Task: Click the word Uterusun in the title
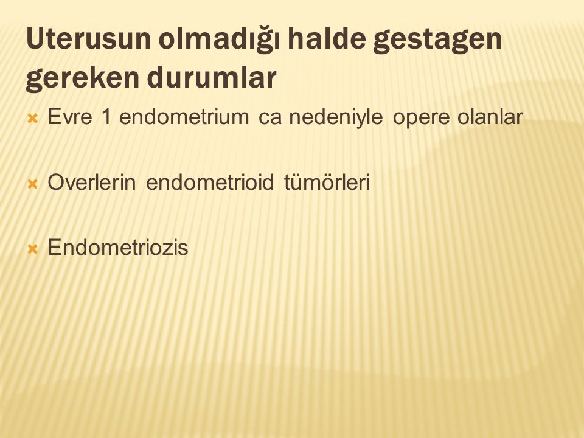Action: click(88, 39)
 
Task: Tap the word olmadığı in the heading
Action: click(219, 39)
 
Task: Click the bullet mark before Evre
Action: click(33, 119)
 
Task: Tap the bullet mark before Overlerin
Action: click(33, 184)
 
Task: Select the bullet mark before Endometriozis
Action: click(33, 249)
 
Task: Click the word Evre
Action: click(70, 117)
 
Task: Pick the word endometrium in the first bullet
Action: click(184, 117)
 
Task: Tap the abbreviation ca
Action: click(269, 119)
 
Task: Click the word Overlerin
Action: click(92, 182)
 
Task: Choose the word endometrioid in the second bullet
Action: click(210, 182)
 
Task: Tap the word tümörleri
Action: click(327, 182)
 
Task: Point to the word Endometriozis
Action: click(118, 248)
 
